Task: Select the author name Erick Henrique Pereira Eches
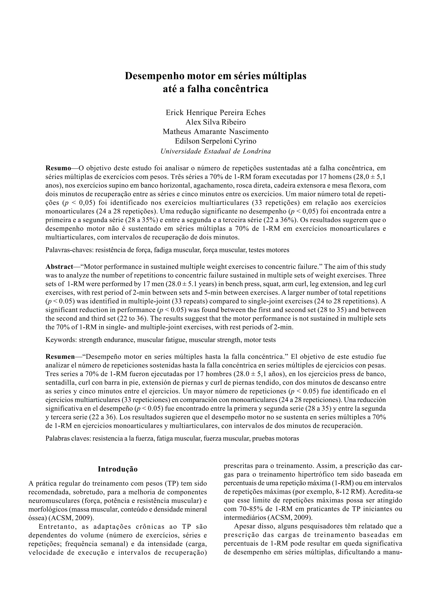click(x=215, y=113)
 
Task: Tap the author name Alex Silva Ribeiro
click(x=215, y=122)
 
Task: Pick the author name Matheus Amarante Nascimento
click(x=215, y=132)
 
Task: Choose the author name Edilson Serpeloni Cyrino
click(x=215, y=141)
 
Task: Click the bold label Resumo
click(x=58, y=168)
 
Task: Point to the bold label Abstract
click(x=59, y=266)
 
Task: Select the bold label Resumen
click(x=60, y=357)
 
